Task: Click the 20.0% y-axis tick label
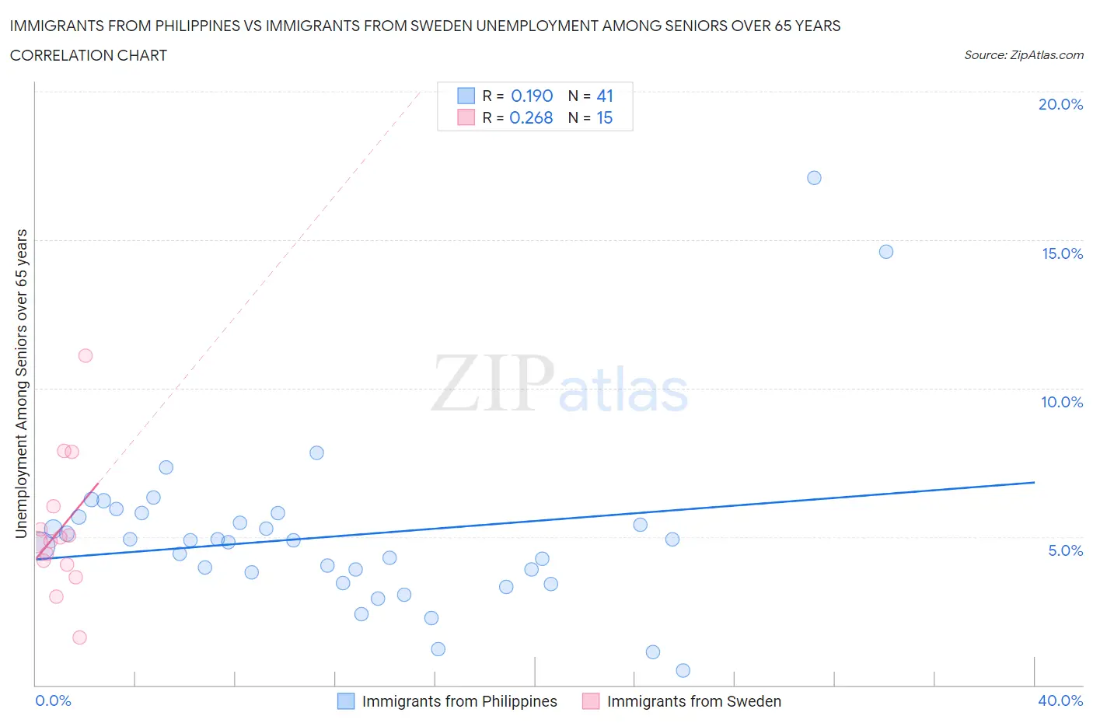click(x=1060, y=104)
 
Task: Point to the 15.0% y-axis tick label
click(x=1062, y=253)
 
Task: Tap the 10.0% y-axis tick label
click(x=1061, y=402)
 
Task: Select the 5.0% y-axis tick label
click(x=1065, y=550)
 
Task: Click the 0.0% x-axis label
click(x=53, y=700)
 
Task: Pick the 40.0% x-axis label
click(x=1060, y=700)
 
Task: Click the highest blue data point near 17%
click(x=814, y=178)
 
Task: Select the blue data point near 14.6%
click(x=885, y=252)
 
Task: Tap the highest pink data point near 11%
click(x=86, y=356)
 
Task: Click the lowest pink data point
click(x=79, y=637)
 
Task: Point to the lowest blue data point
click(x=683, y=670)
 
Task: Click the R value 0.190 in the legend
click(x=532, y=96)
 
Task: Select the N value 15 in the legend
click(x=604, y=117)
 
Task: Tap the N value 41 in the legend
click(x=605, y=96)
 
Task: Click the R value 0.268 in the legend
click(x=531, y=117)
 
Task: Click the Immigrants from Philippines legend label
click(x=459, y=701)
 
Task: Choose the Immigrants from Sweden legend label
click(x=693, y=701)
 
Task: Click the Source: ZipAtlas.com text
click(x=1023, y=55)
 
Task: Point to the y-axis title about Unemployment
click(x=22, y=383)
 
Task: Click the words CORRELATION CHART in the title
click(x=89, y=55)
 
